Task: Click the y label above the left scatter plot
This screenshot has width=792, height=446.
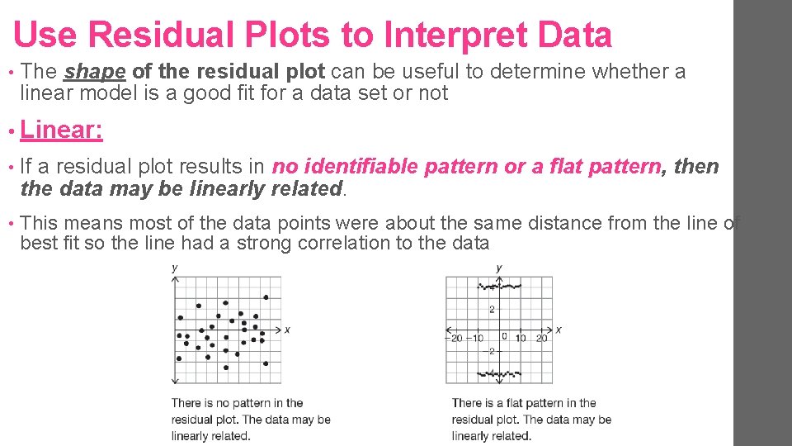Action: coord(174,267)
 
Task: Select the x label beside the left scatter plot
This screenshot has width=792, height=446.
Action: coord(287,330)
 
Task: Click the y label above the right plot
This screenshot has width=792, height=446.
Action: coord(499,267)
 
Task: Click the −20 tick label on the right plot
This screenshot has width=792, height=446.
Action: coord(455,338)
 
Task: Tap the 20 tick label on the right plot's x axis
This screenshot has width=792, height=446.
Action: coord(541,338)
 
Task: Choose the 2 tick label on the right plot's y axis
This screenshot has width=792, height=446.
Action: coord(492,310)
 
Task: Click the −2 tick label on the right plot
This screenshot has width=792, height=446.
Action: coord(489,352)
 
